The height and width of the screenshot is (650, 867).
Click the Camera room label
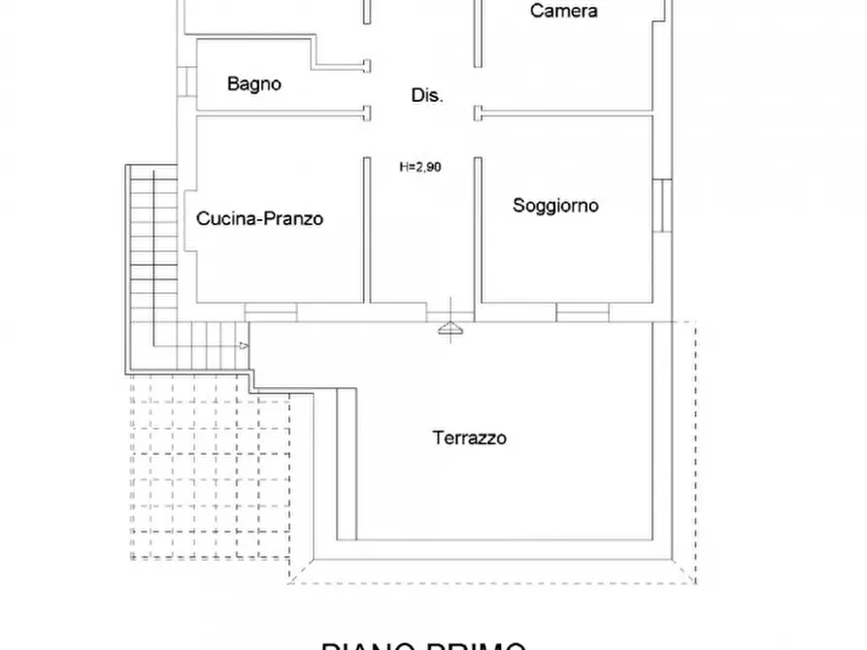coord(563,12)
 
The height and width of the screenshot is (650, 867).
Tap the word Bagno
coord(254,84)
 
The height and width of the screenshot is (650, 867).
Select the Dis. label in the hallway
coord(427,95)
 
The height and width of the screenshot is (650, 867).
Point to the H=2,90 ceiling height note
coord(420,167)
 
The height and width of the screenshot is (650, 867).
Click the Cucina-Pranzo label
coord(259,218)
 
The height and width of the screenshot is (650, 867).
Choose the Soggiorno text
coord(555,206)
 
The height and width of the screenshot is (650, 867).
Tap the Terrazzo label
coord(469,439)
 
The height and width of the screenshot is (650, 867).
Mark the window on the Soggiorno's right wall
coord(660,206)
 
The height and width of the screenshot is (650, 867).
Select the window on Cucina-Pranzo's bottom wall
coord(271,311)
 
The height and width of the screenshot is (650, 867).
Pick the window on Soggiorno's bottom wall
coord(583,311)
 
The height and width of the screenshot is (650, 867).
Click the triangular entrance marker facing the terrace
coord(451,331)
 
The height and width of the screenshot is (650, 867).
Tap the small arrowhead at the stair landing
coord(244,344)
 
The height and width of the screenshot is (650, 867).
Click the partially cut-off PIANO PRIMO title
coord(424,644)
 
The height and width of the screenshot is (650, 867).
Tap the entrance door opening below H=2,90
coord(451,311)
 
